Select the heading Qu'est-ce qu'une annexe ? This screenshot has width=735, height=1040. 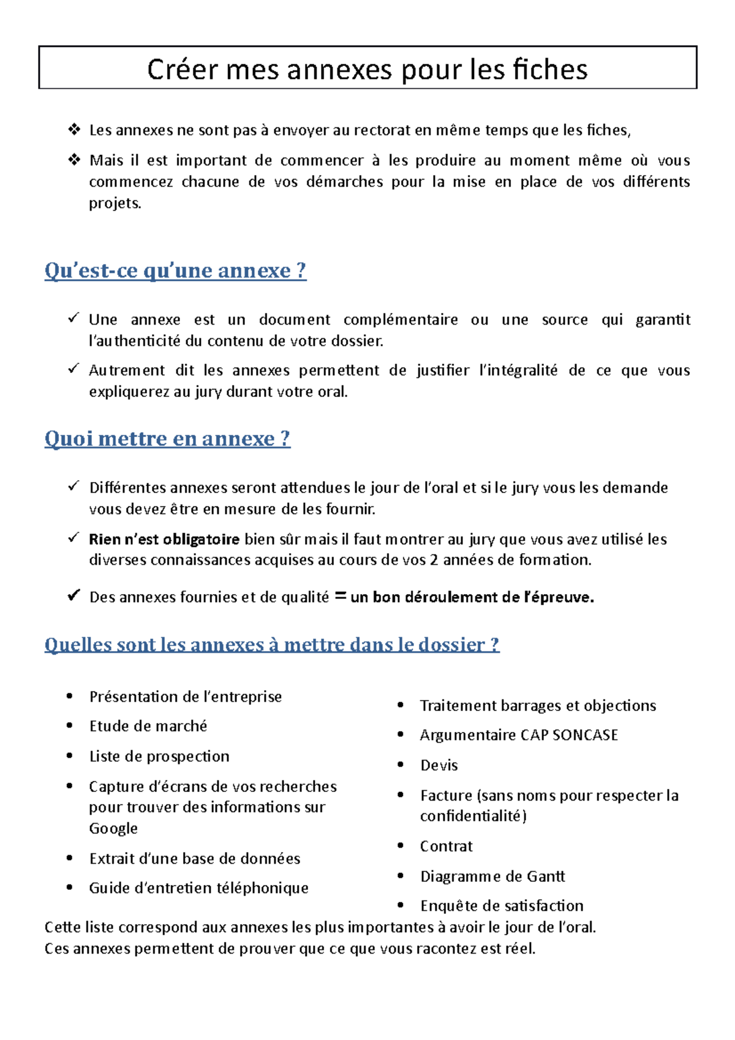coord(175,270)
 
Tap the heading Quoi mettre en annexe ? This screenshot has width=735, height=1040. coord(167,439)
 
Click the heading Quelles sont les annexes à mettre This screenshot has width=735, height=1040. coord(272,644)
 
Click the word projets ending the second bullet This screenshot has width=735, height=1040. coord(115,203)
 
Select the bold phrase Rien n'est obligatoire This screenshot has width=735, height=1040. coord(164,540)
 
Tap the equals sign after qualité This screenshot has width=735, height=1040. coord(341,597)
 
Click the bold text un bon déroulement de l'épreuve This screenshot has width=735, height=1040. coord(472,597)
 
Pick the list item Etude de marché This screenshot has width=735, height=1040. coord(148,726)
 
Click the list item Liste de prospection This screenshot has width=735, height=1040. coord(159,756)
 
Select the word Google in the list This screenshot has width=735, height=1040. coord(113,829)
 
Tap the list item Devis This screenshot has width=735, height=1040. coord(439,766)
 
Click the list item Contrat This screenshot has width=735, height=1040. coord(447,846)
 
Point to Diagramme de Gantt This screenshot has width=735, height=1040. coord(492,876)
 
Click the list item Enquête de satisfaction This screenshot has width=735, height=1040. coord(502,906)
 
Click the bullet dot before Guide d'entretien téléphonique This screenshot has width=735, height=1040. coord(70,887)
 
